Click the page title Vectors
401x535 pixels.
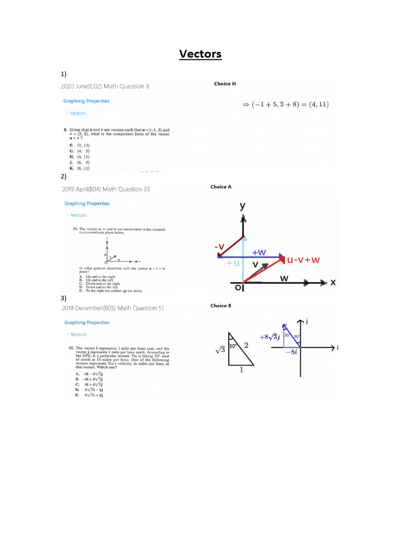click(x=200, y=54)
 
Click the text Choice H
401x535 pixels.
click(x=225, y=84)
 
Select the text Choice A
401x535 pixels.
click(x=221, y=187)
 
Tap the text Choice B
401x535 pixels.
click(x=221, y=306)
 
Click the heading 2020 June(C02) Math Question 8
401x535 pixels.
click(x=105, y=86)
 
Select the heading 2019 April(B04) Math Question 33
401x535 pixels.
click(x=107, y=189)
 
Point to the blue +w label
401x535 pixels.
click(x=259, y=252)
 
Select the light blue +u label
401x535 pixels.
click(x=233, y=263)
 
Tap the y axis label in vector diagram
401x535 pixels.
click(x=242, y=206)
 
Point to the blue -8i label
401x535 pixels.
click(x=291, y=353)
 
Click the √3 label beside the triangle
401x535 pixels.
click(x=220, y=352)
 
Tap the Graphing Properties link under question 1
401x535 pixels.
click(x=86, y=101)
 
